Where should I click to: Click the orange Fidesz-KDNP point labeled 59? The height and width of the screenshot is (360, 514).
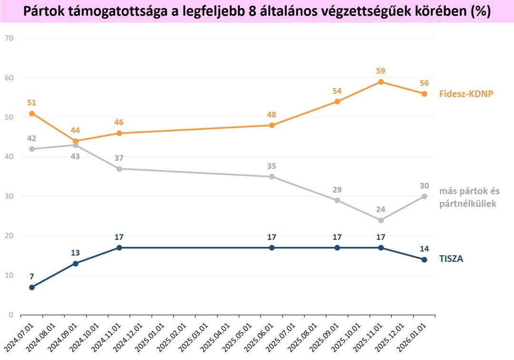(381, 82)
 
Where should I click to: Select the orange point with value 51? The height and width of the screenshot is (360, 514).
(32, 113)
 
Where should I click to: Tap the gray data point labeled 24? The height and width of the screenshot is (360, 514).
(381, 220)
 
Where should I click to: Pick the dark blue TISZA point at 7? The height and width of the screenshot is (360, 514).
(32, 287)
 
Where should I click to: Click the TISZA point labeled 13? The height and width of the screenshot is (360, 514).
(75, 264)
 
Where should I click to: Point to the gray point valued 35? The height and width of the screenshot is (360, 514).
(272, 177)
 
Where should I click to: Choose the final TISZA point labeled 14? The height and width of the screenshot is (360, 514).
(424, 260)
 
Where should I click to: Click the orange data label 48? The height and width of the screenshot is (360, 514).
(271, 115)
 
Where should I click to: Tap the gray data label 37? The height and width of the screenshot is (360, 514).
(119, 158)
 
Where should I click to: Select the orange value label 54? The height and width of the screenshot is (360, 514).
(337, 91)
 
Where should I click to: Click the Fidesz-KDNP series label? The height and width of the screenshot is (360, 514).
(466, 94)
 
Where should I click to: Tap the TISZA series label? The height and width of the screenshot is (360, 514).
(451, 259)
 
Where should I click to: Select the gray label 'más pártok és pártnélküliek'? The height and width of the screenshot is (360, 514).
(469, 197)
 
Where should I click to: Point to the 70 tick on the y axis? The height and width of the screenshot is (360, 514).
(9, 39)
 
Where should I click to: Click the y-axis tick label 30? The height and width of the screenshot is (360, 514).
(9, 196)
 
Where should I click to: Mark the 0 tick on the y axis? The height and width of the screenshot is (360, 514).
(11, 315)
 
